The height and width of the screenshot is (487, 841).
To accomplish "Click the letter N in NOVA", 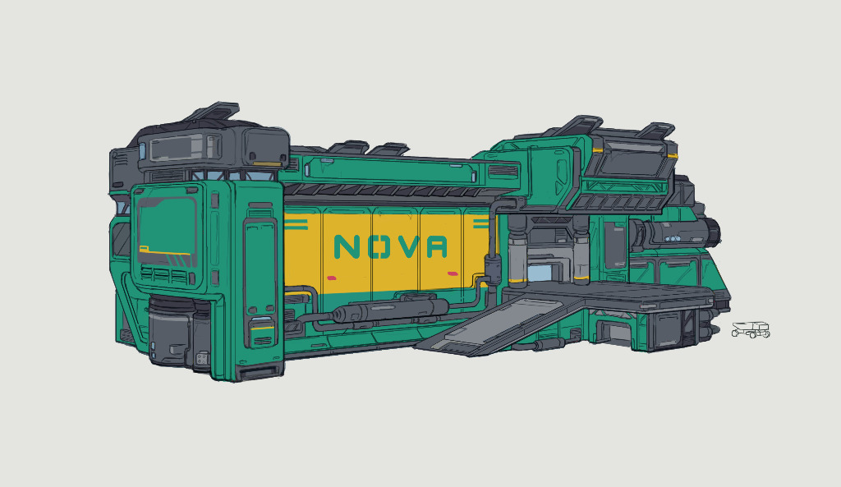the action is point(346,246).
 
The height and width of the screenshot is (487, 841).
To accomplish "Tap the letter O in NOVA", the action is point(377,246).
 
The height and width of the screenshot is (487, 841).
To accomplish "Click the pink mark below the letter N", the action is point(331,278).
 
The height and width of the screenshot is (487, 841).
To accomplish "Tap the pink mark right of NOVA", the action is point(453,273).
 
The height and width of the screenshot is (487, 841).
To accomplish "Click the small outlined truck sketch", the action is point(751,329).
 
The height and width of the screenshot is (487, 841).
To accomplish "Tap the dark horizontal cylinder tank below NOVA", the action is point(390,310).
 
